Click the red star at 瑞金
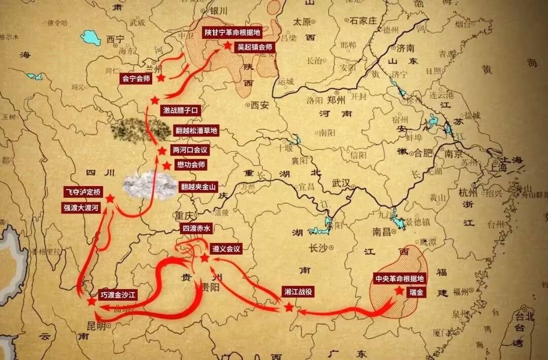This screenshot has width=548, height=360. point(399,291)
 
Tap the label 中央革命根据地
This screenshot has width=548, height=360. point(399,278)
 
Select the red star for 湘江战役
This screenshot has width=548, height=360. point(289,307)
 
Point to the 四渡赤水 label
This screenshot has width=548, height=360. point(195,229)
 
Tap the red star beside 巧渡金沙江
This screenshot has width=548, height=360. point(91,301)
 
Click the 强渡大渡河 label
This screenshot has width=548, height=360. point(83,208)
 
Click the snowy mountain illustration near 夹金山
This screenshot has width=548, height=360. point(149,184)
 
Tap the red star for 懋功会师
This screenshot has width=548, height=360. point(166,166)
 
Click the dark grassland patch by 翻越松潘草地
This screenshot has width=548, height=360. point(141,130)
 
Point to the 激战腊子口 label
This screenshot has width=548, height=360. point(181,110)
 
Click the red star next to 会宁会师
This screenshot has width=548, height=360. point(161,78)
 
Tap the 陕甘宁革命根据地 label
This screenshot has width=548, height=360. point(232,32)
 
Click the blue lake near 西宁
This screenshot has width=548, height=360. point(91,38)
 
